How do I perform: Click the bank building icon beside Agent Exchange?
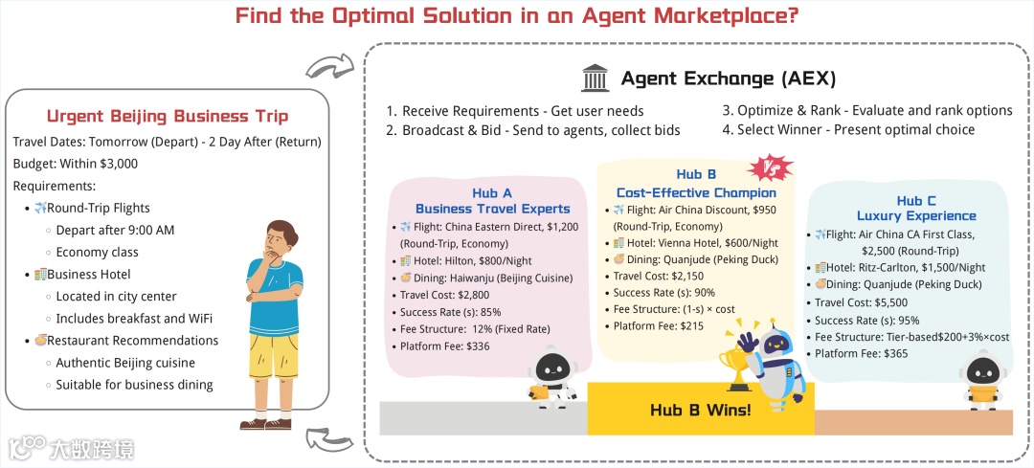pyautogui.click(x=595, y=78)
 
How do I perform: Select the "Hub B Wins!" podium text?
pyautogui.click(x=701, y=411)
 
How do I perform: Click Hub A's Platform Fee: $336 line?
pyautogui.click(x=445, y=345)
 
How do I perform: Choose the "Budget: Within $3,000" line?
pyautogui.click(x=76, y=164)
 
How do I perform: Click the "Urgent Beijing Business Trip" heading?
pyautogui.click(x=167, y=117)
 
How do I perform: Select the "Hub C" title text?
pyautogui.click(x=916, y=201)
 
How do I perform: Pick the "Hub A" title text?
pyautogui.click(x=492, y=193)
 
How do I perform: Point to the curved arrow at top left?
pyautogui.click(x=329, y=68)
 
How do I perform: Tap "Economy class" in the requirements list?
pyautogui.click(x=97, y=252)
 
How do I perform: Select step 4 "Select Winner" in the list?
pyautogui.click(x=849, y=129)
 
